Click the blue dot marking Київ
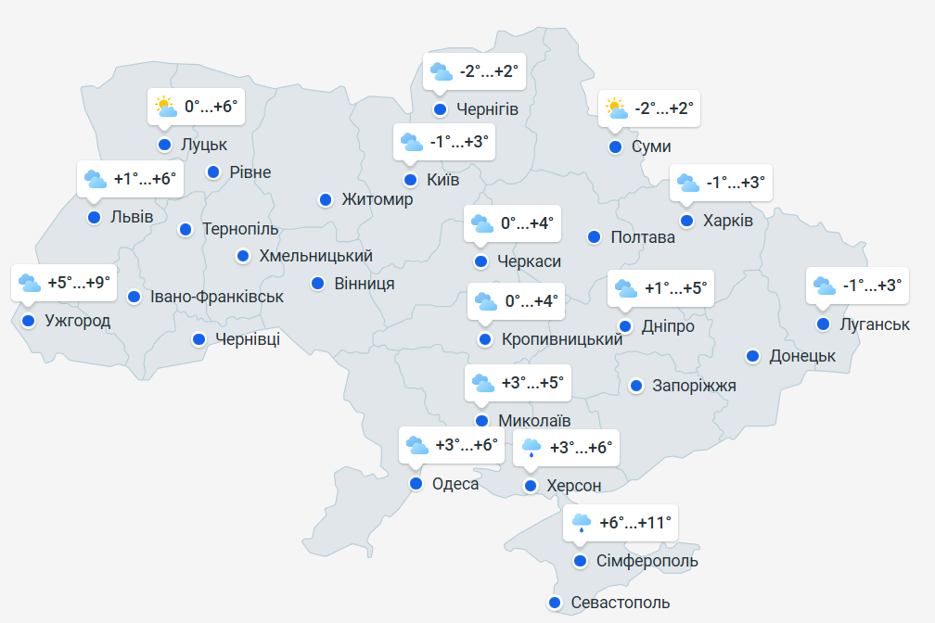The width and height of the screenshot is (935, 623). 410,180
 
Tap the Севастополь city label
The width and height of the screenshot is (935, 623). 620,604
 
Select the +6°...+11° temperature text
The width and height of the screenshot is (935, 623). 635,523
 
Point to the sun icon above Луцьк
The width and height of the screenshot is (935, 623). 166,107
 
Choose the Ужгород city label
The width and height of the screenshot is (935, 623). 78,322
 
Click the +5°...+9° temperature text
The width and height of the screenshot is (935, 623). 79,282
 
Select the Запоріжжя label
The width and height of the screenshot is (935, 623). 694,386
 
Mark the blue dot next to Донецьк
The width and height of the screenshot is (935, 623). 752,356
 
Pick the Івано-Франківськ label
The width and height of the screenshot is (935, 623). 217,298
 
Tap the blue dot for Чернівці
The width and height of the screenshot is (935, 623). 199,339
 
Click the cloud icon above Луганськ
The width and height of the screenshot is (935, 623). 823,286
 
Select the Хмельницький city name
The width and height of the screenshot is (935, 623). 316,256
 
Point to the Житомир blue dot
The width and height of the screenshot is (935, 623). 326,199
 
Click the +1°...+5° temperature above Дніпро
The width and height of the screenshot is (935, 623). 675,288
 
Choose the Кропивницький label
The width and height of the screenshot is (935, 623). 561,340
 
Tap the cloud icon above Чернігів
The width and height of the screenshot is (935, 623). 441,70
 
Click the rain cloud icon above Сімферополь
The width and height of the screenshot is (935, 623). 582,523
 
